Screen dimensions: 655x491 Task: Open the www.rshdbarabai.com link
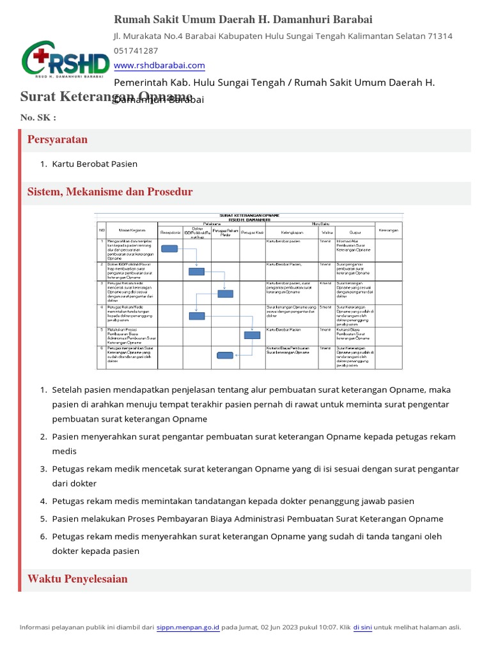(x=159, y=65)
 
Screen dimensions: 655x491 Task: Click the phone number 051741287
(x=136, y=51)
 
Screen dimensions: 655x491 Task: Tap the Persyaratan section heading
(x=58, y=139)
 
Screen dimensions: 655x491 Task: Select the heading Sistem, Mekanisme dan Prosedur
(x=110, y=192)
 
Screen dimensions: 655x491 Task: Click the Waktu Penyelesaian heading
(x=77, y=579)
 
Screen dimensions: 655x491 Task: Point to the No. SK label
(x=38, y=118)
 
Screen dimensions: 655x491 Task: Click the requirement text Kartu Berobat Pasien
(x=95, y=164)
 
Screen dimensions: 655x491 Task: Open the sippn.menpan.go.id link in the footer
(x=188, y=627)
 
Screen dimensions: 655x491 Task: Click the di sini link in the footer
(x=362, y=627)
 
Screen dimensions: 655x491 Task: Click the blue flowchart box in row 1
(x=169, y=249)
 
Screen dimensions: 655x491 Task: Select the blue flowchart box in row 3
(x=226, y=294)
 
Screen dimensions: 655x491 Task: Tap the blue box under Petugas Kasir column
(x=253, y=335)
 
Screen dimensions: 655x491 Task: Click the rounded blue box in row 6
(x=225, y=356)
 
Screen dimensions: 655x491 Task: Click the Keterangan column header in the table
(x=389, y=230)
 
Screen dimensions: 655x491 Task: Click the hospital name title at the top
(x=243, y=20)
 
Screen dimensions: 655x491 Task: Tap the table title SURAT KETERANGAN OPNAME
(x=249, y=216)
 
